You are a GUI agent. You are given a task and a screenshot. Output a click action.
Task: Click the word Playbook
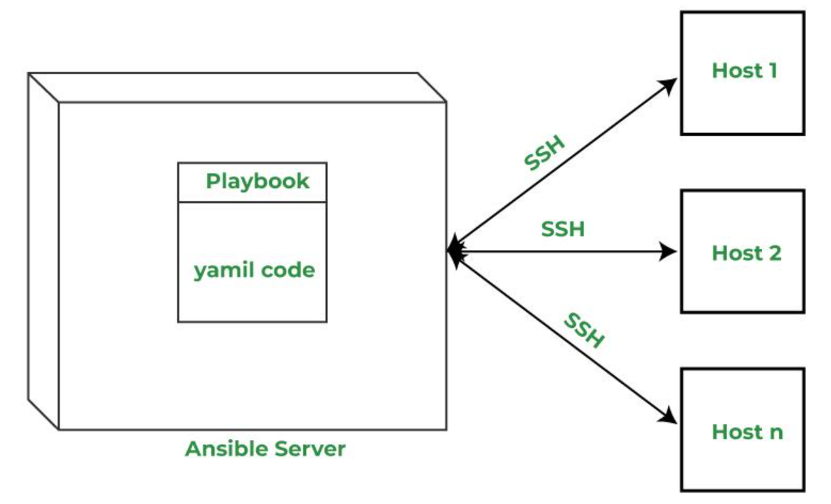[x=258, y=182]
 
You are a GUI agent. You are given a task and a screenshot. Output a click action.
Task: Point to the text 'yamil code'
[x=255, y=270]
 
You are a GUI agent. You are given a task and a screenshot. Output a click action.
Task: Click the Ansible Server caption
[x=265, y=448]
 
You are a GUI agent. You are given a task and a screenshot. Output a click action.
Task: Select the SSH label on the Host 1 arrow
[x=545, y=153]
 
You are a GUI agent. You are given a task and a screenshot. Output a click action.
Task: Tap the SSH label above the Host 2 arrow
[x=563, y=229]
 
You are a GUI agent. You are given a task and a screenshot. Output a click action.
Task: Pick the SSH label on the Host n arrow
[x=583, y=330]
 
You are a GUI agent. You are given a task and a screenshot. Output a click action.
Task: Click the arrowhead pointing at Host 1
[x=669, y=85]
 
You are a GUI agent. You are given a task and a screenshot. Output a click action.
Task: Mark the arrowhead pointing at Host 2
[x=669, y=251]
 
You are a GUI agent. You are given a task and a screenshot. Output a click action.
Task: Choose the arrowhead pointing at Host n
[x=669, y=416]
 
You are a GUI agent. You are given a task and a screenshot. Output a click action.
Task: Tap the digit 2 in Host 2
[x=775, y=253]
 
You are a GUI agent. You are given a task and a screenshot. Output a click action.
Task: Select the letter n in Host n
[x=776, y=434]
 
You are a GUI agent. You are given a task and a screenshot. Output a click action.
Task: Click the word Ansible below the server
[x=226, y=448]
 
